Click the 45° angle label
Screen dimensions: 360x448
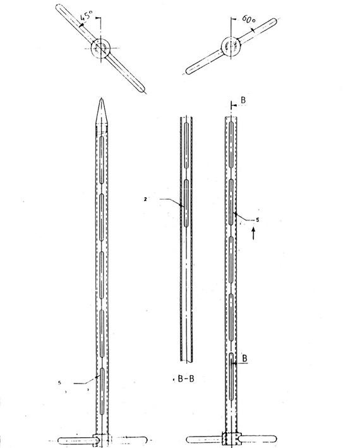(x=87, y=16)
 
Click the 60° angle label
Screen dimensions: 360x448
(x=249, y=19)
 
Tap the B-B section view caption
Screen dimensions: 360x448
(x=186, y=379)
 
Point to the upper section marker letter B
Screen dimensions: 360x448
(x=243, y=100)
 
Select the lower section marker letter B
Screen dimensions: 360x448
(x=244, y=358)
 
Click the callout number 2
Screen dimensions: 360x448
(x=145, y=200)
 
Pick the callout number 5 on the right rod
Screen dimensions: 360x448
(x=257, y=220)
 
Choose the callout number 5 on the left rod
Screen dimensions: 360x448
(x=59, y=382)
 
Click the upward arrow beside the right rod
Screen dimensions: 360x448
(x=253, y=233)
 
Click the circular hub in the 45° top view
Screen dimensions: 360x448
(x=101, y=48)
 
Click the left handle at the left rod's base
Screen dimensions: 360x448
(x=76, y=440)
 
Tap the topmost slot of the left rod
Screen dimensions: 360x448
(x=102, y=160)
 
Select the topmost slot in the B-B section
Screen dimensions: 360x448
(x=186, y=146)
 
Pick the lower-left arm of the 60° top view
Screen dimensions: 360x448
(x=204, y=62)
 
